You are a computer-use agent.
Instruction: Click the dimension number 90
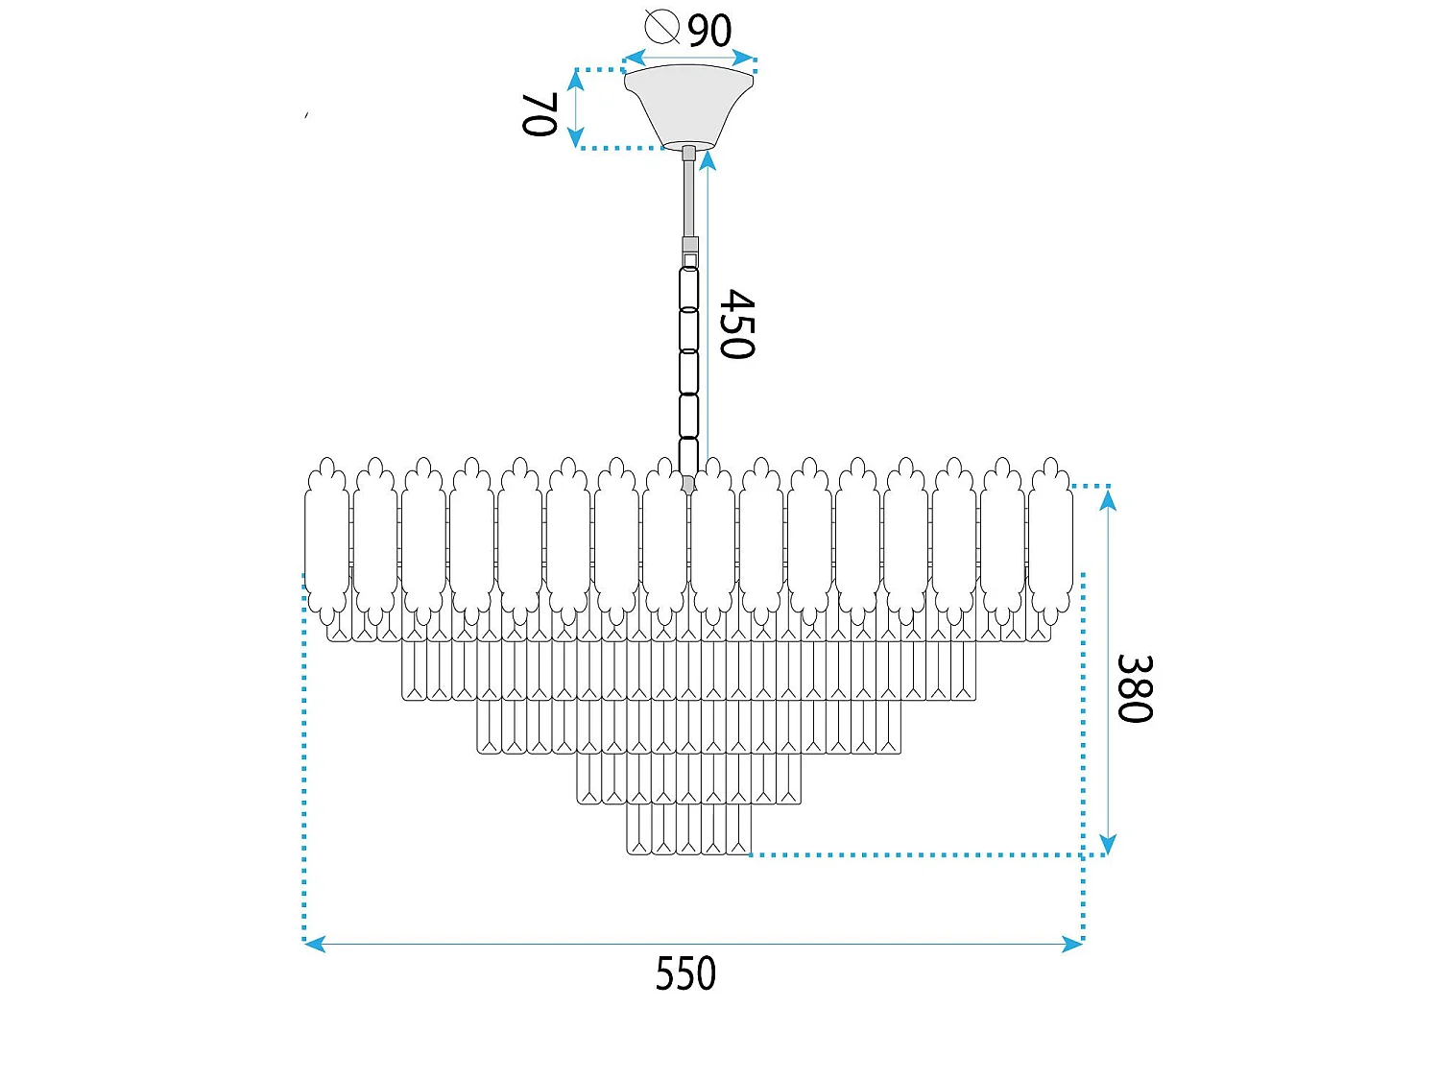709,30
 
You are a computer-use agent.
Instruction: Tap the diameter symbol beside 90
661,27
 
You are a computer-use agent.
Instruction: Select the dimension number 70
540,114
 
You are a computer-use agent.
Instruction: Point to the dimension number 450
737,324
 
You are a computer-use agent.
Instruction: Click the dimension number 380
1135,688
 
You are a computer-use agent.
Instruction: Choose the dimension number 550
685,973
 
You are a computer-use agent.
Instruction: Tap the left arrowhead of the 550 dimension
315,945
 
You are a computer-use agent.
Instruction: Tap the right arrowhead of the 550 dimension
1072,945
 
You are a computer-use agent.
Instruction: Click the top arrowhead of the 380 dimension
1108,499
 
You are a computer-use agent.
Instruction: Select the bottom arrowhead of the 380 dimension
1108,845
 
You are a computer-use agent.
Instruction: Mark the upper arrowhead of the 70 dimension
575,80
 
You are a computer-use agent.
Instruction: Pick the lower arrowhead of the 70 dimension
575,136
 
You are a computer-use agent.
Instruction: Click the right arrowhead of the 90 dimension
744,58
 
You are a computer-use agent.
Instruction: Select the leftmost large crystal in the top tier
326,541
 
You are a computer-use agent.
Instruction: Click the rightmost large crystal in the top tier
1050,541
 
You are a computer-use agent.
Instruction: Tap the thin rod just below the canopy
688,198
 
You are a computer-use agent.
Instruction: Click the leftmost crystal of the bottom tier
639,828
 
